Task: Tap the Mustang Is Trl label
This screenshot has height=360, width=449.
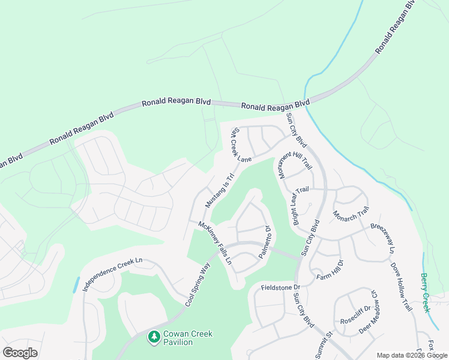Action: pos(218,190)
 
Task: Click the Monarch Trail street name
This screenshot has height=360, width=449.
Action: pos(351,215)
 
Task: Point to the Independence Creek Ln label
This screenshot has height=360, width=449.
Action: pos(112,275)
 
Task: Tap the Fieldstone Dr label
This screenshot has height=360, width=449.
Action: pos(280,287)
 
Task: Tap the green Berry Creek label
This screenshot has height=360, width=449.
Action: pos(426,293)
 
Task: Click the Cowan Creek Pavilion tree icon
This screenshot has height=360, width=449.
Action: pos(154,338)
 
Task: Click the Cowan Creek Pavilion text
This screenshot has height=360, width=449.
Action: pos(188,338)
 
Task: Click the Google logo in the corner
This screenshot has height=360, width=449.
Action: pos(20,353)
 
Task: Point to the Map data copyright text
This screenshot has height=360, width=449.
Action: pos(411,355)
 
